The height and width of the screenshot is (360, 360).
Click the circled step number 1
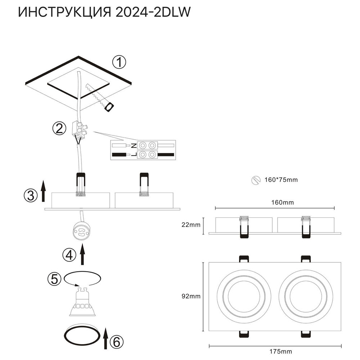pyautogui.click(x=119, y=63)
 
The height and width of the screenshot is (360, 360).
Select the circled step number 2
pyautogui.click(x=59, y=128)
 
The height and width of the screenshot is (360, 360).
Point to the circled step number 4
pyautogui.click(x=69, y=255)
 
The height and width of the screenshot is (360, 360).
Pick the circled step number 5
pyautogui.click(x=54, y=279)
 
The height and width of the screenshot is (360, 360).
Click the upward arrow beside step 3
pyautogui.click(x=43, y=192)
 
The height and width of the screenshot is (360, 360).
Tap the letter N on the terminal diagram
pyautogui.click(x=133, y=145)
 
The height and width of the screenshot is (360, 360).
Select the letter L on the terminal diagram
pyautogui.click(x=133, y=155)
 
